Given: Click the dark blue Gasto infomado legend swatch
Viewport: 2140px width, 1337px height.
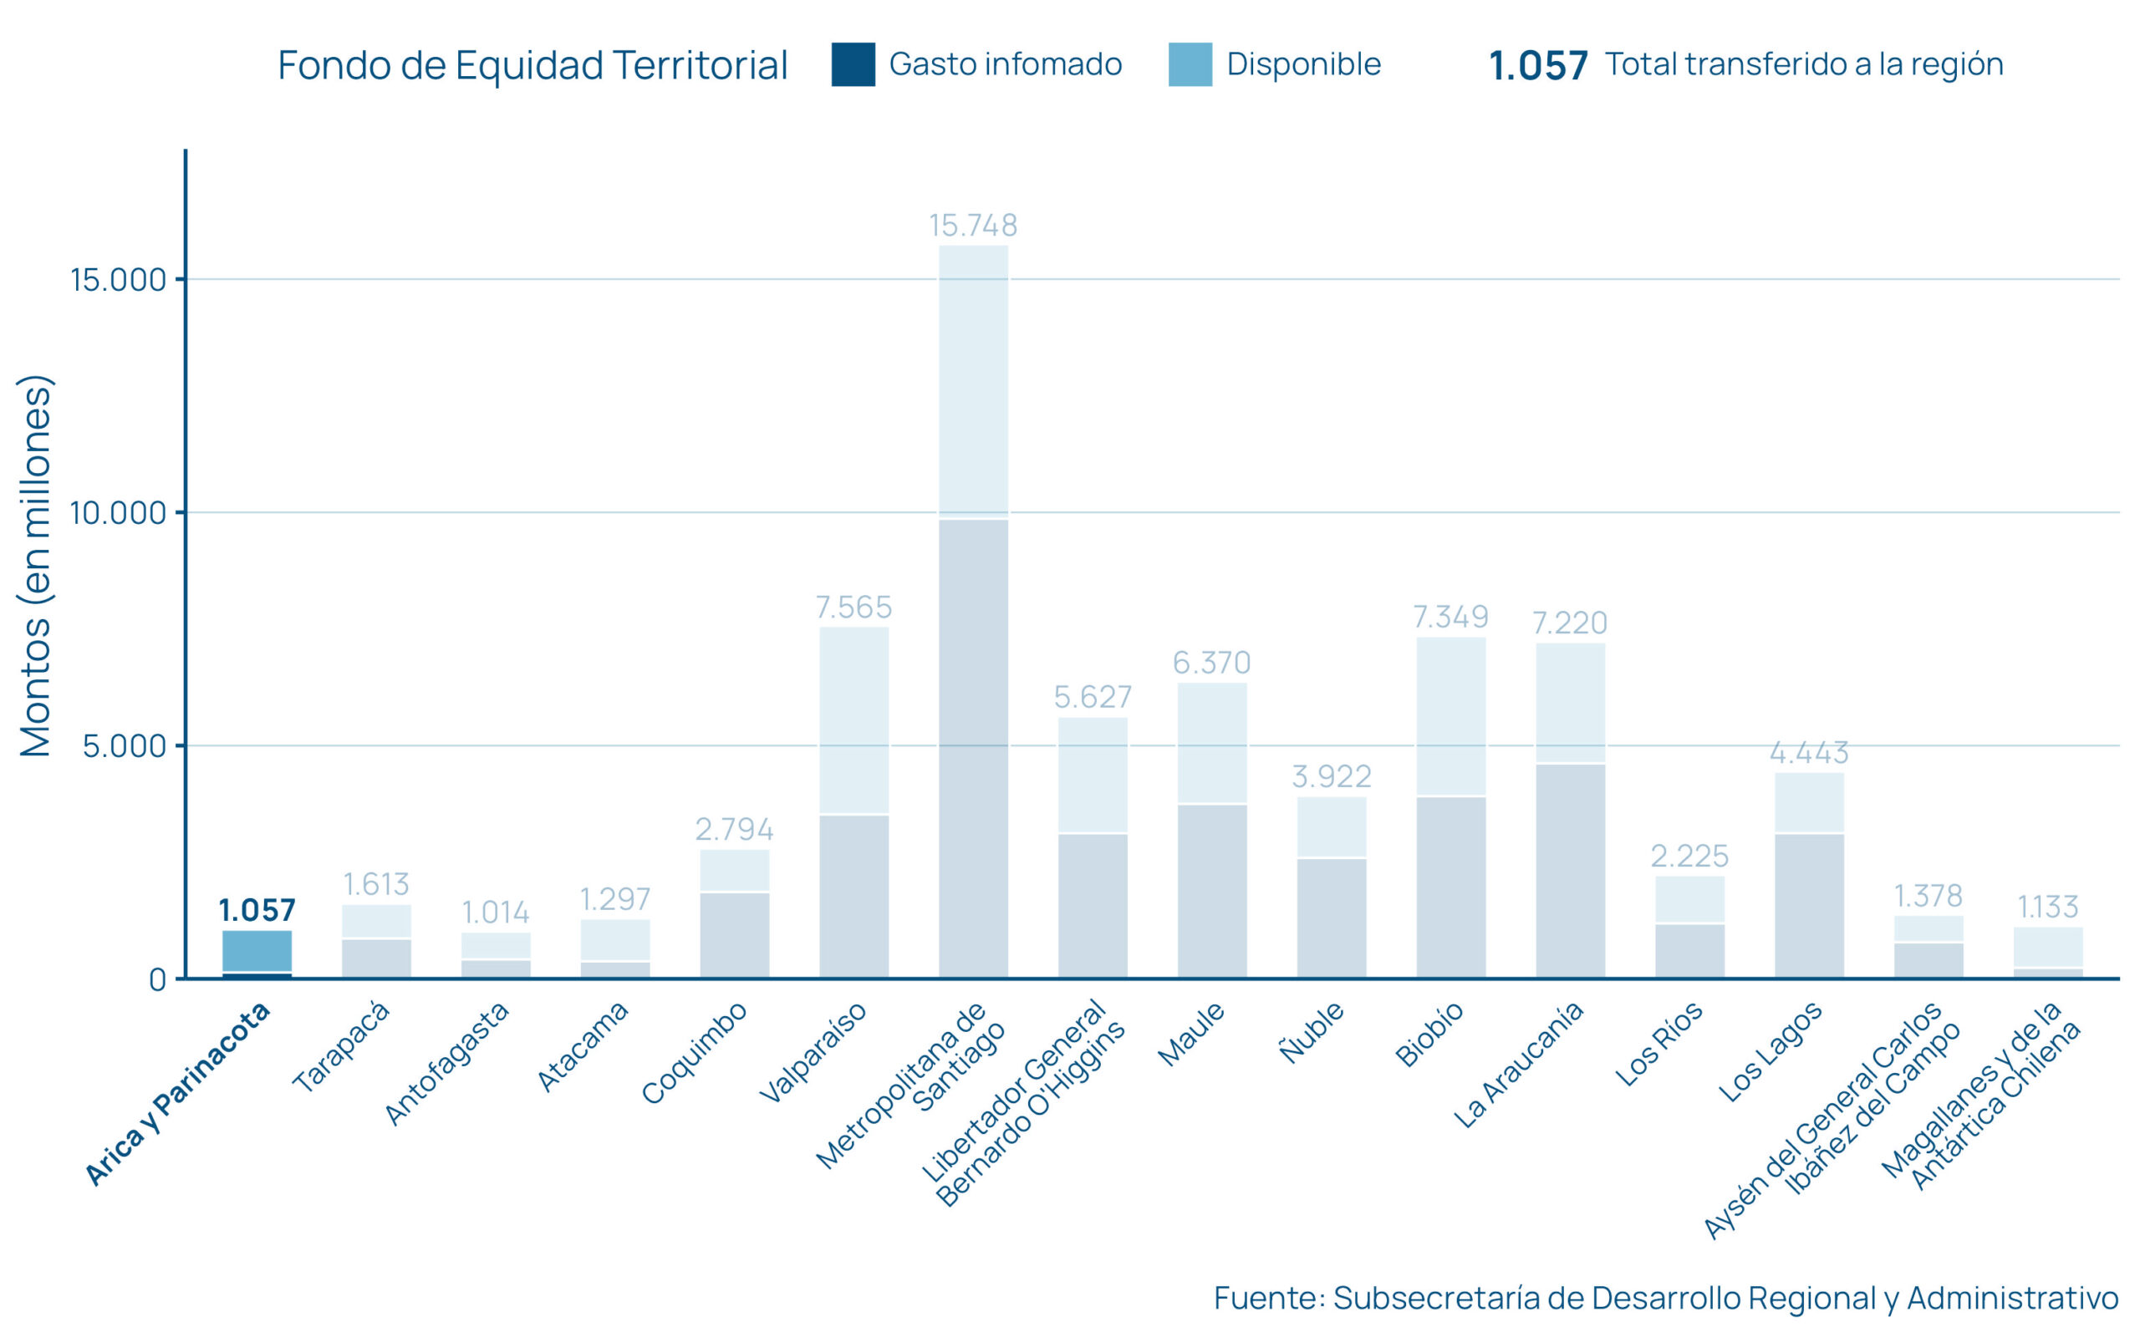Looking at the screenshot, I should pyautogui.click(x=853, y=64).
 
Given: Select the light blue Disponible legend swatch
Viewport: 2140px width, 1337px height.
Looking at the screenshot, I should pyautogui.click(x=1190, y=64).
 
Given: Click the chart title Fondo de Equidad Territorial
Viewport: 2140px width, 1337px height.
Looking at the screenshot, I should pyautogui.click(x=532, y=65).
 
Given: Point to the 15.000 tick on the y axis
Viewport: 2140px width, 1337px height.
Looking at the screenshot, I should pyautogui.click(x=119, y=280).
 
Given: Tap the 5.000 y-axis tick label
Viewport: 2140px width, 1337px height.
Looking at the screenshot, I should pyautogui.click(x=125, y=746).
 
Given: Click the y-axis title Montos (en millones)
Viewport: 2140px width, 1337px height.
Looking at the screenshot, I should pyautogui.click(x=36, y=566).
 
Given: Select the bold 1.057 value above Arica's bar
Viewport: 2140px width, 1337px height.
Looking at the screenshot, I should pyautogui.click(x=257, y=910).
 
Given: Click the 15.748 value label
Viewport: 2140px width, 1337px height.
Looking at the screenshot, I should pyautogui.click(x=973, y=226).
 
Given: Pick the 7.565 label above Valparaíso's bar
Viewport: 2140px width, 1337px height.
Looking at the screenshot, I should pyautogui.click(x=853, y=607).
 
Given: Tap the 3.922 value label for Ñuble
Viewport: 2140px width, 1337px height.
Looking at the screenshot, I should pyautogui.click(x=1331, y=776).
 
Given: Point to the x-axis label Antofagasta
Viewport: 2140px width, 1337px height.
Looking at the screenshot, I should pyautogui.click(x=446, y=1063).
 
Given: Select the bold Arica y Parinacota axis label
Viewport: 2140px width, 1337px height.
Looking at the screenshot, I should pyautogui.click(x=177, y=1094).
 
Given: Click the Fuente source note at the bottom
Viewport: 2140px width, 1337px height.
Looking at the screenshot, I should pyautogui.click(x=1666, y=1297).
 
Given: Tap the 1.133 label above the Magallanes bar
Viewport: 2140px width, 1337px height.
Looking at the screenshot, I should pyautogui.click(x=2047, y=907).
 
